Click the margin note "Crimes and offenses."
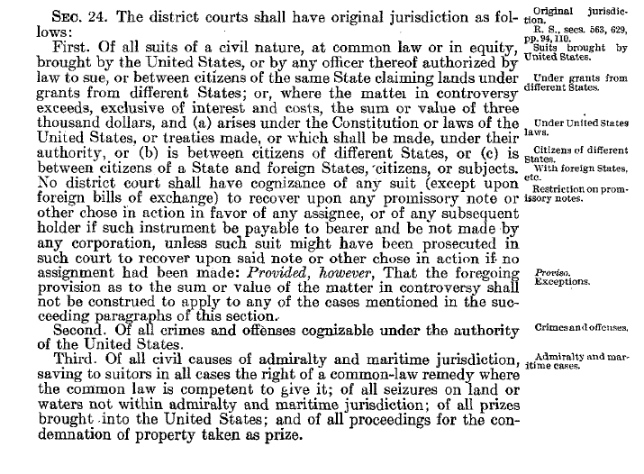[x=580, y=329]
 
